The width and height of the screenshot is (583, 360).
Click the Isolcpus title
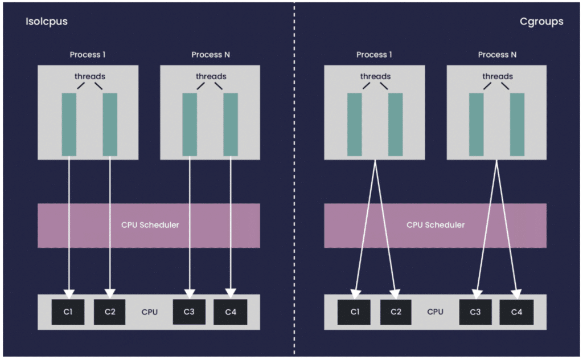point(47,22)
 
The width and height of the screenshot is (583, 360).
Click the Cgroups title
point(541,22)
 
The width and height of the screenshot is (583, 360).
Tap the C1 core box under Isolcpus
point(68,312)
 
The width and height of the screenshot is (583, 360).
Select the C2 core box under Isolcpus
point(110,312)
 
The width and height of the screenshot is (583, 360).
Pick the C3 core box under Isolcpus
point(189,312)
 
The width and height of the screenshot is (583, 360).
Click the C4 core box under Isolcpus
point(231,312)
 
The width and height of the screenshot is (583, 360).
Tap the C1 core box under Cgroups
point(354,312)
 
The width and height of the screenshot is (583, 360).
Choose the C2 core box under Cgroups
point(396,312)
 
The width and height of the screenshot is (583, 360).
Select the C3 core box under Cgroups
point(475,312)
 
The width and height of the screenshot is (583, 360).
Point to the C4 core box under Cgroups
point(516,312)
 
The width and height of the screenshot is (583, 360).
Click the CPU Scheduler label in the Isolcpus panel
point(150,225)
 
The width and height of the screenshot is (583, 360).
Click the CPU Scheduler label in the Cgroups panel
point(436,225)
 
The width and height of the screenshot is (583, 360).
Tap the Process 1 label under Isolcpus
point(87,55)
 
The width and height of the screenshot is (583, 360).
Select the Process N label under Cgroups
point(497,55)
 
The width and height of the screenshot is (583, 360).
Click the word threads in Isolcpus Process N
point(211,76)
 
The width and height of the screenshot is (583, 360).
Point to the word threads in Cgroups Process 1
point(376,76)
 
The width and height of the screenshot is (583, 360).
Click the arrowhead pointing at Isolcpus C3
point(190,294)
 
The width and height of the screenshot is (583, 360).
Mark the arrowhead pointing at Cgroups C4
point(516,294)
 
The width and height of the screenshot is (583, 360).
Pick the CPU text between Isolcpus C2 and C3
point(150,312)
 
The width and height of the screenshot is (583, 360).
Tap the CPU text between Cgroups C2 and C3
point(435,312)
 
